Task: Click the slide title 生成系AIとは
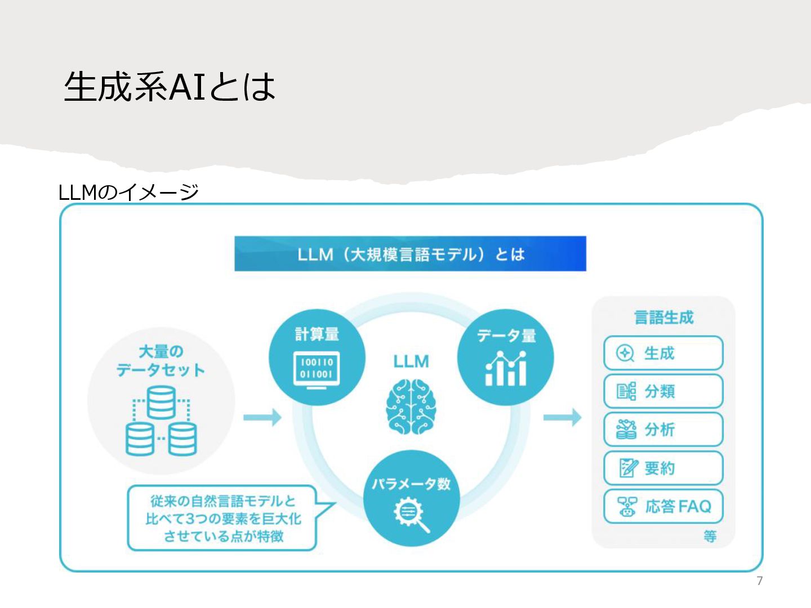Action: [x=170, y=87]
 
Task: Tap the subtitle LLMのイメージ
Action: [x=128, y=193]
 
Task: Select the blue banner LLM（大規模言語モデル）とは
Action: [x=410, y=254]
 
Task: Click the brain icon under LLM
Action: [x=411, y=406]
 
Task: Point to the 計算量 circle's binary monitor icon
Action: [x=317, y=369]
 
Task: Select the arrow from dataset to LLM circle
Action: [x=262, y=417]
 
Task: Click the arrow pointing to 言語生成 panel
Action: [x=562, y=417]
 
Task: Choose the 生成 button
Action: [x=663, y=353]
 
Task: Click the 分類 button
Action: [x=663, y=391]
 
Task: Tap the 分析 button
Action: [x=663, y=430]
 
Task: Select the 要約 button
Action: [x=663, y=468]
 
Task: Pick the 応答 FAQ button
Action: [x=663, y=506]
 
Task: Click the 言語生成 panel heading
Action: [x=663, y=318]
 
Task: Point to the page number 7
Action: [x=759, y=581]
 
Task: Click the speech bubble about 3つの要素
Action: [x=222, y=518]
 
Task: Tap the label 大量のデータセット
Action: [x=161, y=361]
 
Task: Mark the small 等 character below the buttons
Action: [x=710, y=537]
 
